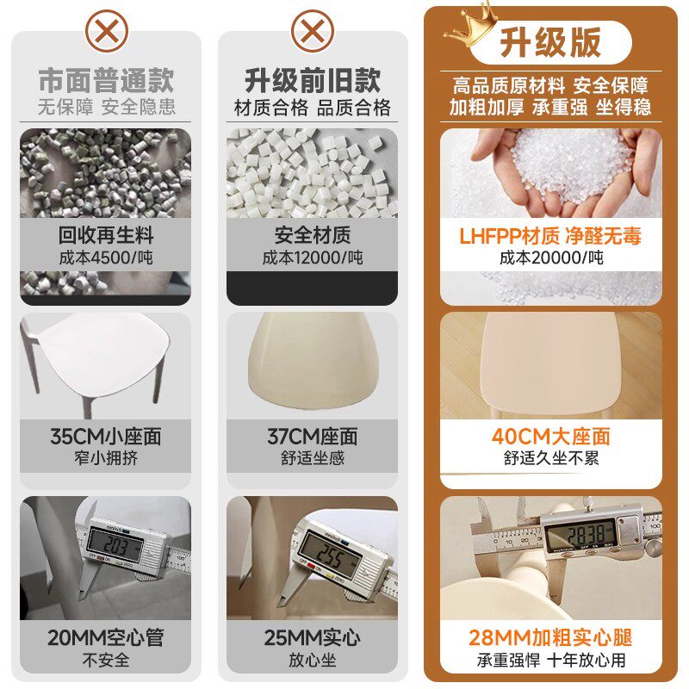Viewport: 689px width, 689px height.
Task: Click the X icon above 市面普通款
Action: (107, 32)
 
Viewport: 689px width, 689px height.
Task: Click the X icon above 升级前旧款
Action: (313, 32)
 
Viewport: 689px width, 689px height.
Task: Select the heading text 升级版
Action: (550, 42)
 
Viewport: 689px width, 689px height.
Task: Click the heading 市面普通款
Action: (106, 80)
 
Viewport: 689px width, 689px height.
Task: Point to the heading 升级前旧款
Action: (313, 80)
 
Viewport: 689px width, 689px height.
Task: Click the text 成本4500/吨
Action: (106, 258)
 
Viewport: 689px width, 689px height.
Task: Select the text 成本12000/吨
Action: (313, 258)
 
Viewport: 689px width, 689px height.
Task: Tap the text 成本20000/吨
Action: (551, 258)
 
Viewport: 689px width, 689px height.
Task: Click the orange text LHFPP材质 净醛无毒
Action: (550, 236)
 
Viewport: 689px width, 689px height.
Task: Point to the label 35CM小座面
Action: (106, 437)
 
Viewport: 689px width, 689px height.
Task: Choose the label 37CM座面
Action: (313, 437)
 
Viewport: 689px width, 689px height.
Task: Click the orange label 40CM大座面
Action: (551, 437)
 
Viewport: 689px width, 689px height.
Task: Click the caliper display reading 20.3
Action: (115, 545)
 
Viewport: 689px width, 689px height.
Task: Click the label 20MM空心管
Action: (106, 638)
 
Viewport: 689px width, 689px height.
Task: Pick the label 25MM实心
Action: (313, 638)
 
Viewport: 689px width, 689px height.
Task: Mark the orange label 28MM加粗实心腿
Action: (550, 638)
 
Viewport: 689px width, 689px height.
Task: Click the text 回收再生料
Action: (106, 235)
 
